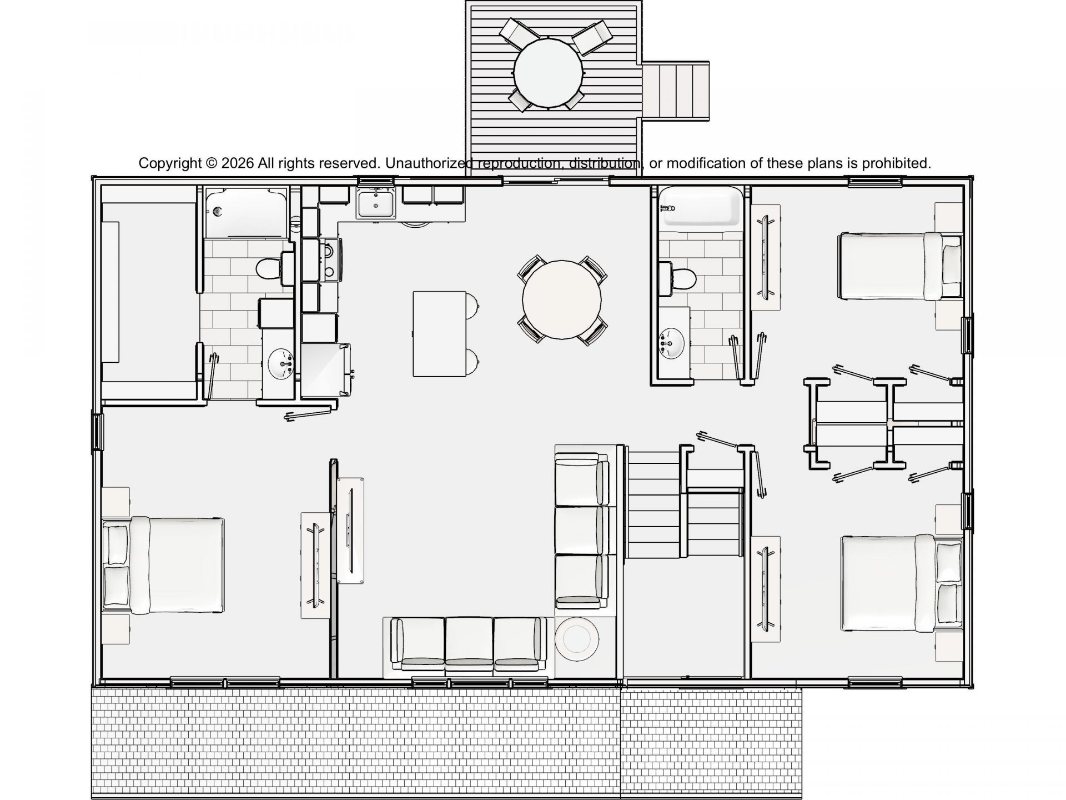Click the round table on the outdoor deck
548,72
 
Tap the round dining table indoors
562,300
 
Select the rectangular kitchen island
440,334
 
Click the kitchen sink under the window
376,203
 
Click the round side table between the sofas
577,639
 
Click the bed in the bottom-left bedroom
164,566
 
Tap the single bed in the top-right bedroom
899,266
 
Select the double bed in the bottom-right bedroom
902,583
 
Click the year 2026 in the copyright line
238,163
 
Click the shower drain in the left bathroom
218,211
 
